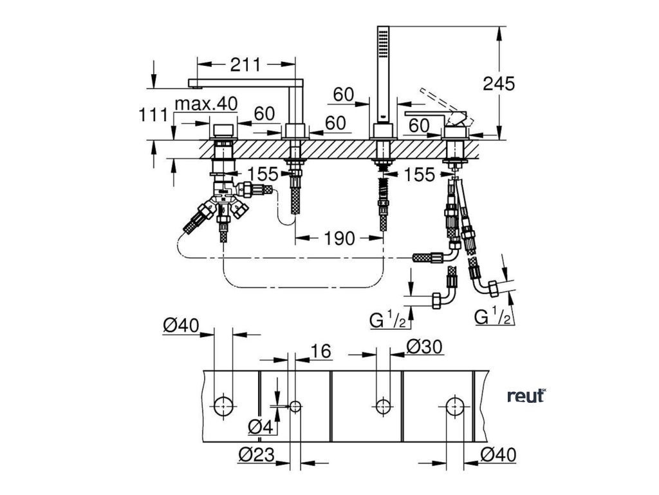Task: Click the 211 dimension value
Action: tap(245, 64)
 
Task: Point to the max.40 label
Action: tap(207, 103)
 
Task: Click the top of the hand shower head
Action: tap(384, 29)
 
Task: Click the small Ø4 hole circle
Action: tap(295, 406)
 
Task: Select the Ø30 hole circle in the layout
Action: tap(383, 406)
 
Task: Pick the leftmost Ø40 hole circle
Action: tap(223, 405)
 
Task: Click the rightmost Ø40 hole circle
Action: tap(456, 406)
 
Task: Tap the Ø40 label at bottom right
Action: tap(498, 455)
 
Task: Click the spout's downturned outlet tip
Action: tap(192, 83)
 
